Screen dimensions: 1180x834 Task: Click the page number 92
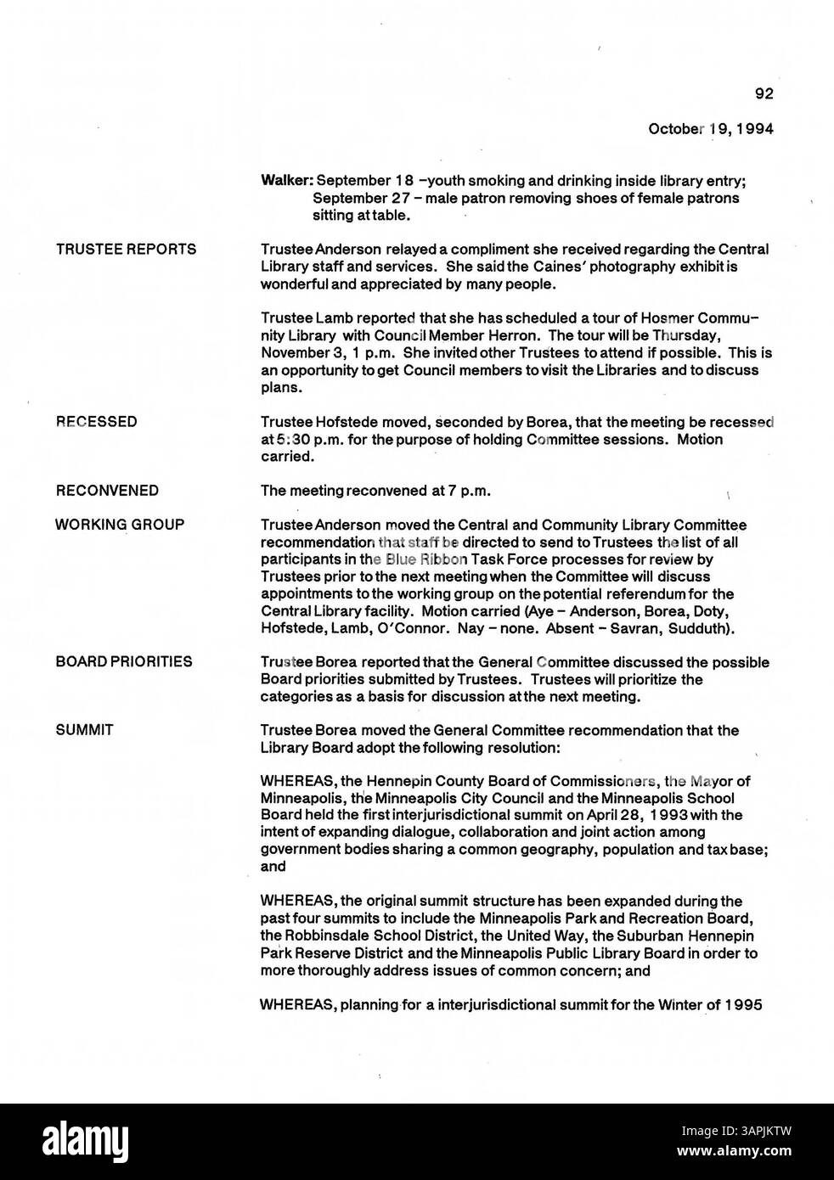coord(764,94)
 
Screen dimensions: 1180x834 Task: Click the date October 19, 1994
coord(710,129)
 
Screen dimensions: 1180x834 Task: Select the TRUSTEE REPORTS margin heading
coord(126,249)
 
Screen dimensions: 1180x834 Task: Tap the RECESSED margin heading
coord(96,422)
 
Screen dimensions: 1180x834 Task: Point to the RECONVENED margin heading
coord(107,491)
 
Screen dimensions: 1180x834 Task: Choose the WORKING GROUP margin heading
coord(120,525)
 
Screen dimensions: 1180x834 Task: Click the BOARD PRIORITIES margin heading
coord(124,661)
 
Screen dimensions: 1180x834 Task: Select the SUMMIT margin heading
coord(84,730)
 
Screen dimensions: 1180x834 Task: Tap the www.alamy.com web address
coord(737,1154)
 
